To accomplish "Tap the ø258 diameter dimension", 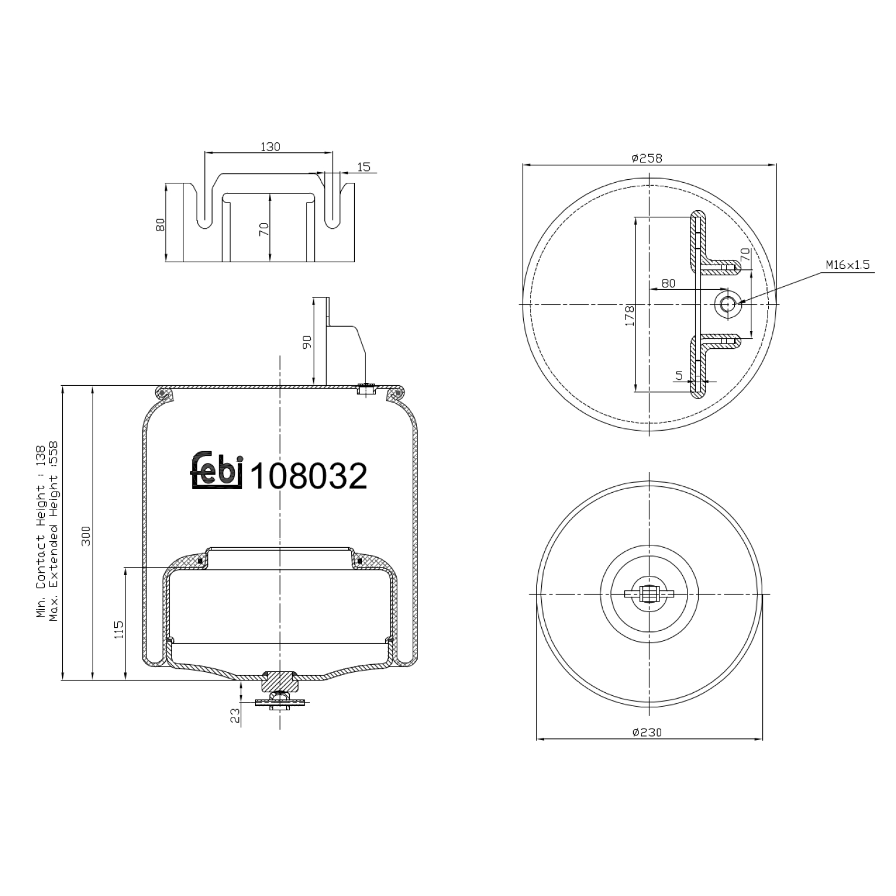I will [x=647, y=158].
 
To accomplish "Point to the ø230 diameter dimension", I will [x=648, y=732].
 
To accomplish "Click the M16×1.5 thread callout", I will [x=848, y=265].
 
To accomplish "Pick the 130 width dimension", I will [x=270, y=146].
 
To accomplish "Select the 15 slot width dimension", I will [x=363, y=167].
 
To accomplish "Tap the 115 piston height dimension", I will [x=118, y=630].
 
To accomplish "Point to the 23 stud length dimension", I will [x=235, y=714].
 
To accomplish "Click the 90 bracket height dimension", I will [x=307, y=342].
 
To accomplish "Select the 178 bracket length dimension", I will [x=629, y=315].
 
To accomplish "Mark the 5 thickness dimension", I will [x=679, y=375].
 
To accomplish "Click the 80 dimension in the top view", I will [x=668, y=283].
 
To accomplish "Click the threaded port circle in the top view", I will [x=728, y=304].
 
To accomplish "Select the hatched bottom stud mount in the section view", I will [x=280, y=680].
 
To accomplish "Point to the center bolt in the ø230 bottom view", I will [x=649, y=594].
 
